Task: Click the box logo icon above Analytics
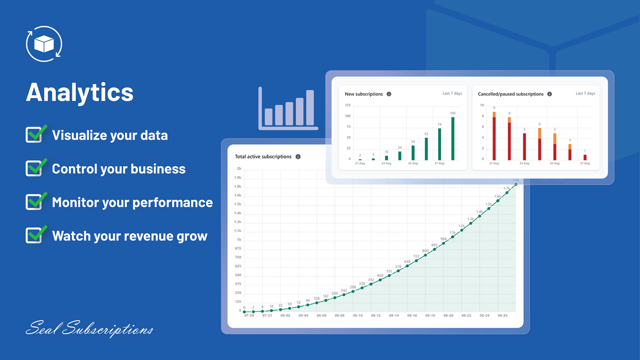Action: [x=43, y=44]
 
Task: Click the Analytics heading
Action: [x=79, y=92]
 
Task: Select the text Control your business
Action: [x=118, y=169]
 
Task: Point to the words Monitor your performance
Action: [x=132, y=202]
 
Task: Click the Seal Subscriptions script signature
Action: [x=89, y=329]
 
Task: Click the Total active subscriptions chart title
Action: [x=263, y=156]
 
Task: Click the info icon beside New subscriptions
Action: [x=389, y=94]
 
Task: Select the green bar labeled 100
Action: [x=453, y=138]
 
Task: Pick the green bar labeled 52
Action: [x=426, y=148]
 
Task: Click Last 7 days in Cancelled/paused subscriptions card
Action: [x=585, y=93]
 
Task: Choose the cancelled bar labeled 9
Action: [x=494, y=135]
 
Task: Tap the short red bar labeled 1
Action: [x=585, y=157]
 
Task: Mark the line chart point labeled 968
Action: [x=443, y=243]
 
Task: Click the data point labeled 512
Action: [x=389, y=275]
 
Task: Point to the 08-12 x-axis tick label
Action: [x=375, y=316]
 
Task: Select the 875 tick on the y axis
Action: [x=238, y=248]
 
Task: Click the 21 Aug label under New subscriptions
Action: [x=360, y=163]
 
